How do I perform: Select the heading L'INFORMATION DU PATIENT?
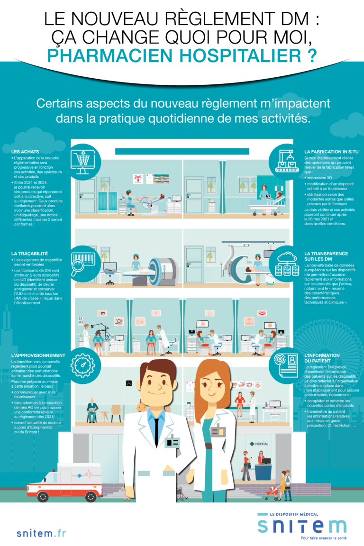point(322,358)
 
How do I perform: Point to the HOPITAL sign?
point(260,444)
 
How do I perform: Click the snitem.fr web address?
point(41,534)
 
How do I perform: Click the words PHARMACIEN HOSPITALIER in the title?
point(182,55)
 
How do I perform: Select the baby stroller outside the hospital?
point(272,493)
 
